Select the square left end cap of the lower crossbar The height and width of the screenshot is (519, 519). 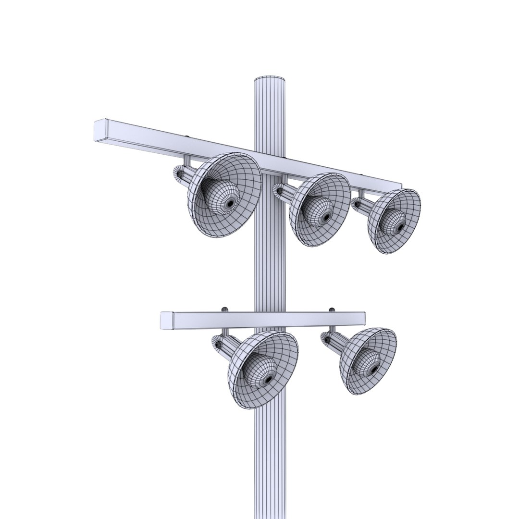[x=166, y=321]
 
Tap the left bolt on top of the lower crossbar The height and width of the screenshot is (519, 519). [x=224, y=309]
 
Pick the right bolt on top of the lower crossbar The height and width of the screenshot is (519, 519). [x=331, y=309]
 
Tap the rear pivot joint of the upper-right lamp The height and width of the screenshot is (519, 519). [x=356, y=204]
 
